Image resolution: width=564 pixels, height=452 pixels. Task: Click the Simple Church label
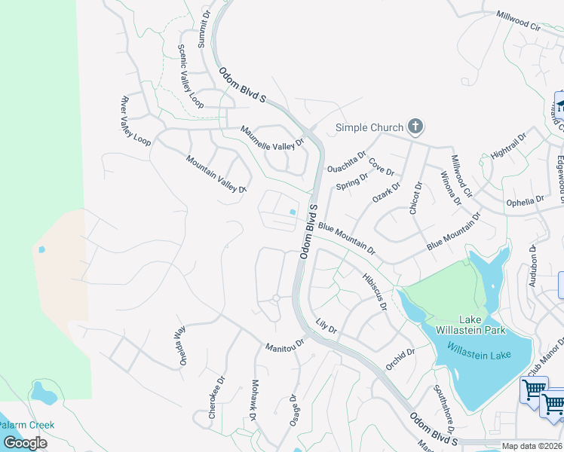(369, 127)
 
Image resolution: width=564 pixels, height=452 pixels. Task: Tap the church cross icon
(414, 127)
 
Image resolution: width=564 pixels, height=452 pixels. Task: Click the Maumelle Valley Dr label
(271, 136)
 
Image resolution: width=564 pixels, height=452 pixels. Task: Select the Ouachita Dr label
(346, 160)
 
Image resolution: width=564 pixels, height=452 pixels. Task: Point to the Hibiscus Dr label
(374, 292)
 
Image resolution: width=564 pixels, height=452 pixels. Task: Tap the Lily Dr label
(326, 326)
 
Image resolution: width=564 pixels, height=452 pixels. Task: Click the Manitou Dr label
(284, 346)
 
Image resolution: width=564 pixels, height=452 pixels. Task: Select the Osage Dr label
(294, 410)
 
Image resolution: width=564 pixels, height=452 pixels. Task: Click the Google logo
(25, 443)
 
